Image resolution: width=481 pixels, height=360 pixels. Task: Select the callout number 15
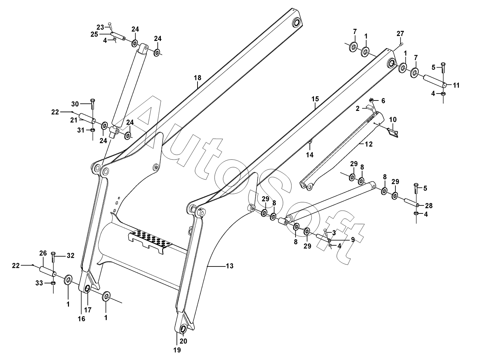(x=315, y=99)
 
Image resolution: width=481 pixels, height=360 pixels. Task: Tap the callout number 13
(x=229, y=266)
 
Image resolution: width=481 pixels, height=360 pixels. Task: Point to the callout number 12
(x=368, y=144)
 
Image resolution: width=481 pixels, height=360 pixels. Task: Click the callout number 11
(x=456, y=85)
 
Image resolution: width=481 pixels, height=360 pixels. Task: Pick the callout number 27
(x=400, y=34)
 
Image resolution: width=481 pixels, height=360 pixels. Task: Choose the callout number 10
(x=393, y=120)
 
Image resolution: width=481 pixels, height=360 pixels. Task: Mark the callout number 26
(x=43, y=253)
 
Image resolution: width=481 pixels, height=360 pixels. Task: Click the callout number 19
(x=177, y=350)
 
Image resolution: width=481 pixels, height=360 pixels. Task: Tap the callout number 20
(x=183, y=341)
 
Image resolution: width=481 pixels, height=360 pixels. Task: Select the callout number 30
(x=75, y=104)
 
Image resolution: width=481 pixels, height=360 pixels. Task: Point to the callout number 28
(x=428, y=205)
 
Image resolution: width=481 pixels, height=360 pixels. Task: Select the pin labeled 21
(x=87, y=118)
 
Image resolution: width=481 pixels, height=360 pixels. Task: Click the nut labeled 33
(x=53, y=283)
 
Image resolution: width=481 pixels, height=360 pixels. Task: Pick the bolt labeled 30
(x=93, y=104)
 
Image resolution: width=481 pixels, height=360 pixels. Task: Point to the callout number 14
(x=310, y=155)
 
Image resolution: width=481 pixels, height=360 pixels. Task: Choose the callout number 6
(x=383, y=101)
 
